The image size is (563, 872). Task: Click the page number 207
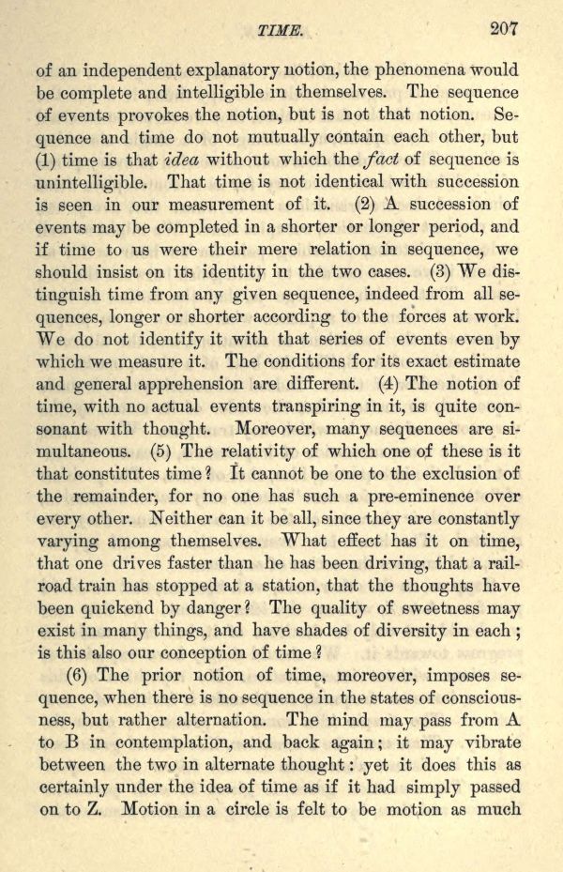504,28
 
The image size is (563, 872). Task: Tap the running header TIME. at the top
281,31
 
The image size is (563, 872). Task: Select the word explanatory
233,69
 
